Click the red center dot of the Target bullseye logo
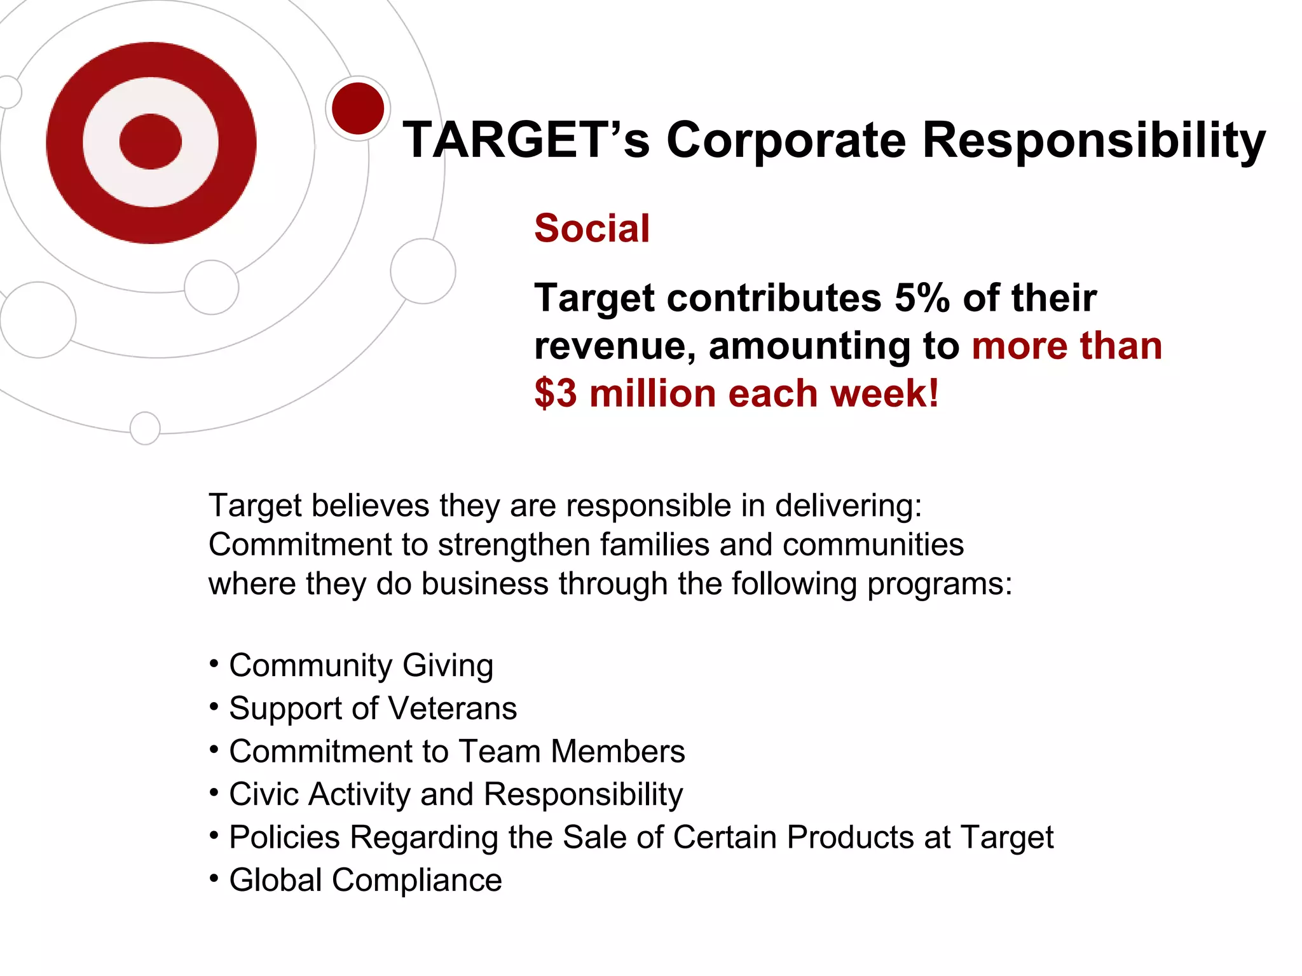pyautogui.click(x=151, y=142)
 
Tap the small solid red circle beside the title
pyautogui.click(x=358, y=108)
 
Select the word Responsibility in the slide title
pyautogui.click(x=1093, y=141)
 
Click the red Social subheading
pyautogui.click(x=592, y=228)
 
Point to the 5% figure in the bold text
pyautogui.click(x=922, y=297)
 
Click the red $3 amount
pyautogui.click(x=556, y=393)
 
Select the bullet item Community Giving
pyautogui.click(x=360, y=665)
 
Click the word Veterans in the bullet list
pyautogui.click(x=453, y=708)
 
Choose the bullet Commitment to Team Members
pyautogui.click(x=456, y=751)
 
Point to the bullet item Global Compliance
pyautogui.click(x=365, y=880)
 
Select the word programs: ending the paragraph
pyautogui.click(x=940, y=584)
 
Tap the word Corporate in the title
pyautogui.click(x=786, y=140)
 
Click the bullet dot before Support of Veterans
pyautogui.click(x=214, y=707)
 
